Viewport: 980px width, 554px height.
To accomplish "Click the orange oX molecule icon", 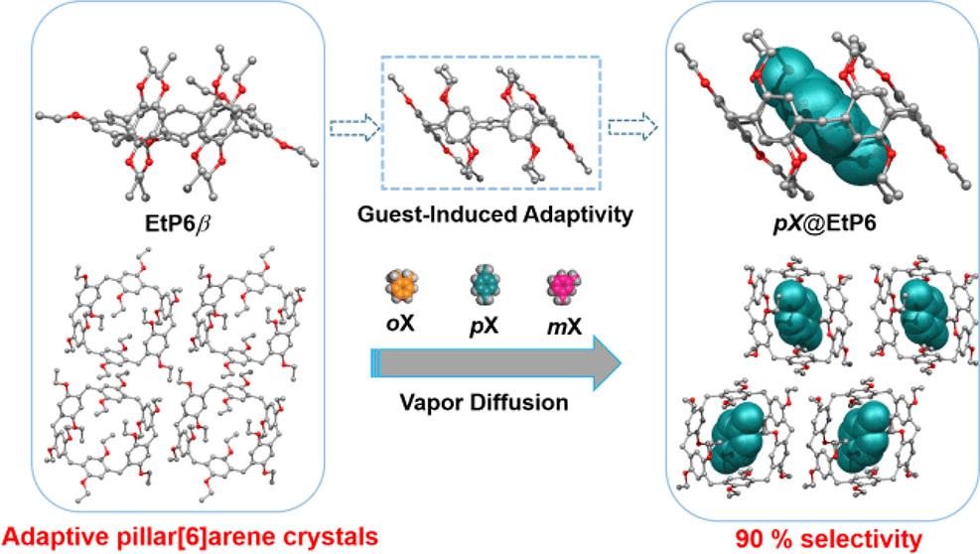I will pyautogui.click(x=402, y=288).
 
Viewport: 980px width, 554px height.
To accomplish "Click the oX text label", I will pyautogui.click(x=402, y=323).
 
